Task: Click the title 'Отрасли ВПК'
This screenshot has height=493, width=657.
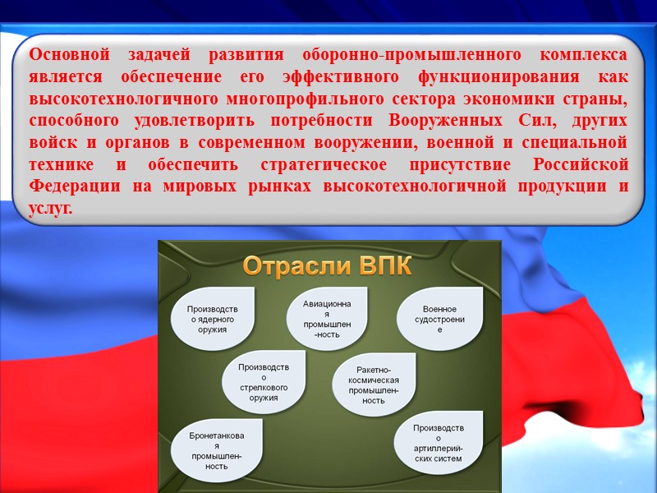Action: [x=328, y=268]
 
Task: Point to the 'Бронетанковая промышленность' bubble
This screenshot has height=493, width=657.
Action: [x=216, y=450]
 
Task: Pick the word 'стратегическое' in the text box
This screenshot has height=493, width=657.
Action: [x=370, y=164]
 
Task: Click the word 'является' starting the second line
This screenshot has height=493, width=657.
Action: [x=61, y=77]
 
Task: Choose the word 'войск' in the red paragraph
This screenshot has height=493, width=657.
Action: [x=51, y=142]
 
